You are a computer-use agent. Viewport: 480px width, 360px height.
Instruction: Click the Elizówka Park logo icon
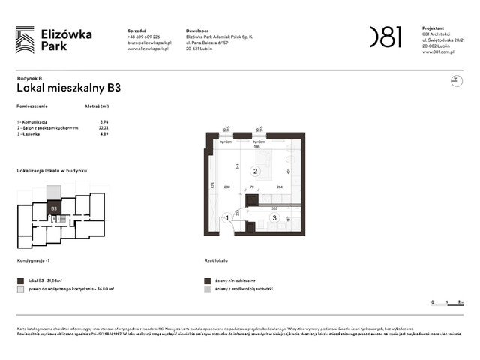click(x=25, y=39)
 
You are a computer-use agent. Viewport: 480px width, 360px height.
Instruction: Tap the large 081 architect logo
click(x=385, y=37)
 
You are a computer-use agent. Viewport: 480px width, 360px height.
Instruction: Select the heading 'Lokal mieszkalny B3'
click(x=69, y=87)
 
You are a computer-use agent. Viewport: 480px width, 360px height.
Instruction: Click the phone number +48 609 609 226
click(x=149, y=37)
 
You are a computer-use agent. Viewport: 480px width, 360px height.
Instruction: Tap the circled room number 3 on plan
click(x=274, y=218)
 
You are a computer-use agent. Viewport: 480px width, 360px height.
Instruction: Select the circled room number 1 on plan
click(x=227, y=218)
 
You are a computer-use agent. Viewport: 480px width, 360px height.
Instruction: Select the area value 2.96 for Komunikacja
click(x=104, y=121)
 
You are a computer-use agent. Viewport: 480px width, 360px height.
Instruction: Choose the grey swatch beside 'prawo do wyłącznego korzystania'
click(x=20, y=289)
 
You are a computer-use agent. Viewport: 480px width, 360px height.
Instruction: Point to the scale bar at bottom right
click(x=448, y=303)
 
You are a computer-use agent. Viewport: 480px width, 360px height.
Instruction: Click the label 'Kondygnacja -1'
click(x=37, y=260)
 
